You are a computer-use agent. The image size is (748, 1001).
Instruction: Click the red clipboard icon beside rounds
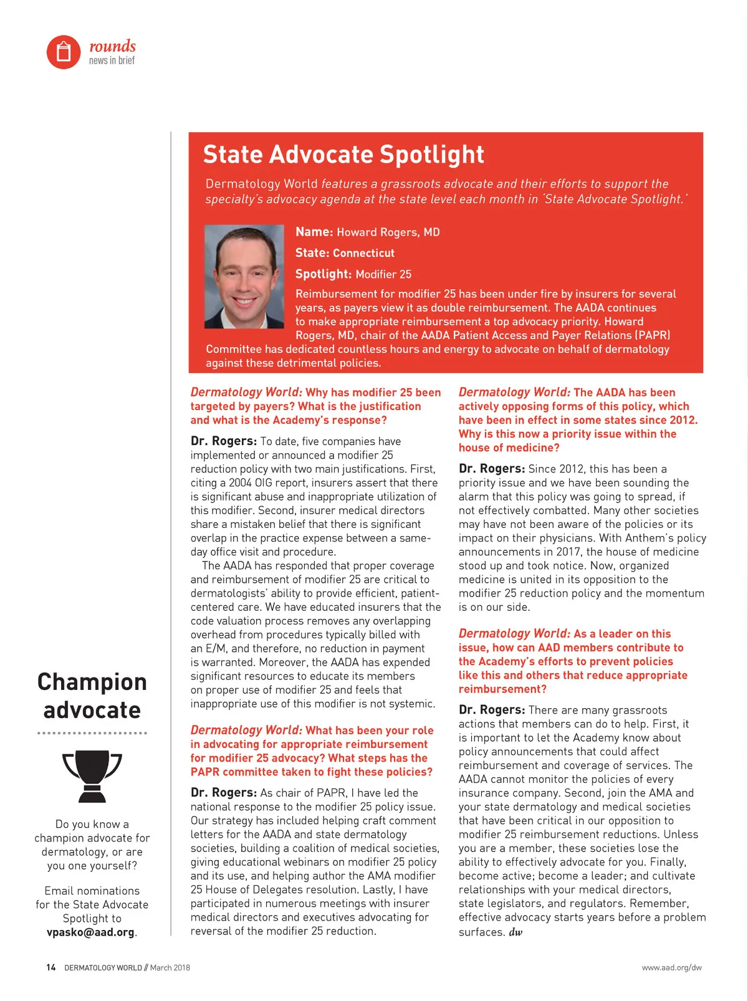coord(64,52)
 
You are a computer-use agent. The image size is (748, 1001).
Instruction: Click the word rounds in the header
coord(112,46)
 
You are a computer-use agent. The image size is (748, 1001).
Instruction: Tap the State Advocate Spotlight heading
coord(343,155)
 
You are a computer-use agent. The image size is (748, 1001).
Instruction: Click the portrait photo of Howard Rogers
coord(244,277)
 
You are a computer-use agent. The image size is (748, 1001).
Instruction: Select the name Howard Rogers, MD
coord(388,232)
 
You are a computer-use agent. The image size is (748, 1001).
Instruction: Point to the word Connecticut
coord(363,253)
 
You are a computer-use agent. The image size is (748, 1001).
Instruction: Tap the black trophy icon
coord(92,776)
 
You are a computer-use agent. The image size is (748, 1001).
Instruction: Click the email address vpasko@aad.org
coord(90,932)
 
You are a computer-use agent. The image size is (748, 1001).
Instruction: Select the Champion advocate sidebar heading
coord(92,696)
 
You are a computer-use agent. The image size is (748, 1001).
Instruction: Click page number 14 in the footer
coord(51,967)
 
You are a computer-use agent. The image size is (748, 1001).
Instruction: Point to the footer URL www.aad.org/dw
coord(671,967)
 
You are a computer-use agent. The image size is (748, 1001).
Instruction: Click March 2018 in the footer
coord(170,967)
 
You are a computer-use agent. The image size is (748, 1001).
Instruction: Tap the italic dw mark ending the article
coord(515,932)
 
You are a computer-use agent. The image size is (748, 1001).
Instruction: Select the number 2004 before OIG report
coord(240,482)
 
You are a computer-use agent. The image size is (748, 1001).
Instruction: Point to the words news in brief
coord(112,60)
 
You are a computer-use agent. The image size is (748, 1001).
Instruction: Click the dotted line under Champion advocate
coord(92,733)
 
